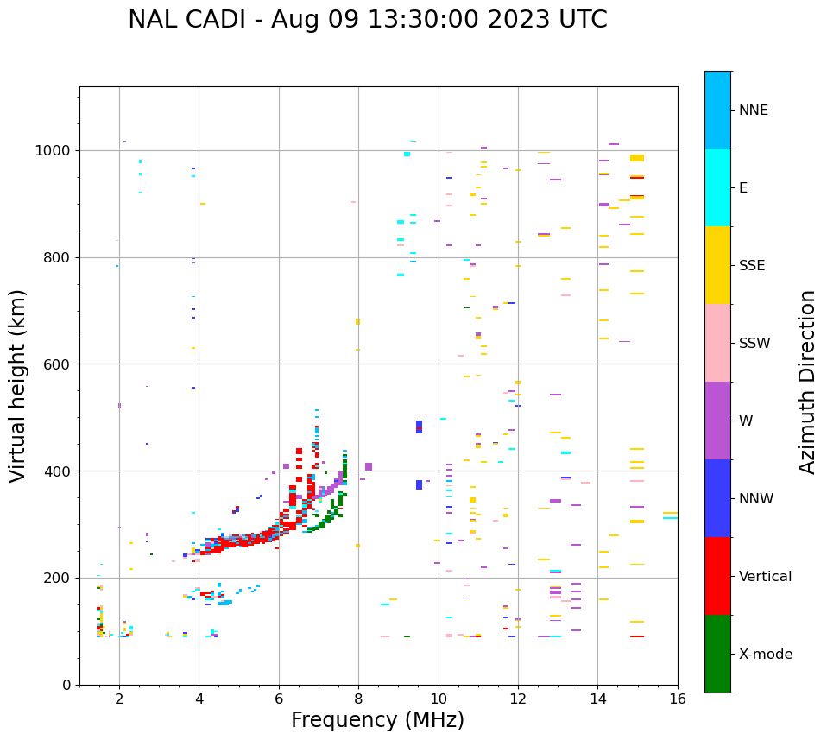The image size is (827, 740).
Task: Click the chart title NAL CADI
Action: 367,20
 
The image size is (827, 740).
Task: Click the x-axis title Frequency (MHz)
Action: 377,720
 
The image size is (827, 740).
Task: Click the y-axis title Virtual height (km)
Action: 18,386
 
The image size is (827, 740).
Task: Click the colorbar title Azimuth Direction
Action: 807,382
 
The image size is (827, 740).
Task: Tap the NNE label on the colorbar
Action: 753,111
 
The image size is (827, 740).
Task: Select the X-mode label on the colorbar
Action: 766,655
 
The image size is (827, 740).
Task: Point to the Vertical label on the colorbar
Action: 765,577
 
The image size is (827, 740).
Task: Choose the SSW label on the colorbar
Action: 754,344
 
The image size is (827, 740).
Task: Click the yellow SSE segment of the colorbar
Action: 717,264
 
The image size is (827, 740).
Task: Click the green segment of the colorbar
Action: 717,654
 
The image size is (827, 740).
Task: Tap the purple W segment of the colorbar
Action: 717,421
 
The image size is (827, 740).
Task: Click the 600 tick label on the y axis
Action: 60,364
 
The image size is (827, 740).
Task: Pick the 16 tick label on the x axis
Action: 678,699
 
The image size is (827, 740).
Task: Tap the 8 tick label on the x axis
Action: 358,699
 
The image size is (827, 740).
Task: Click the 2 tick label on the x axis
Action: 119,699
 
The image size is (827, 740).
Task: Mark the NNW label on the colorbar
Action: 756,499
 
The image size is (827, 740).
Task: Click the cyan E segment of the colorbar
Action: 717,187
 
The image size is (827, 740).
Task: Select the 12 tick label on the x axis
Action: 518,699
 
